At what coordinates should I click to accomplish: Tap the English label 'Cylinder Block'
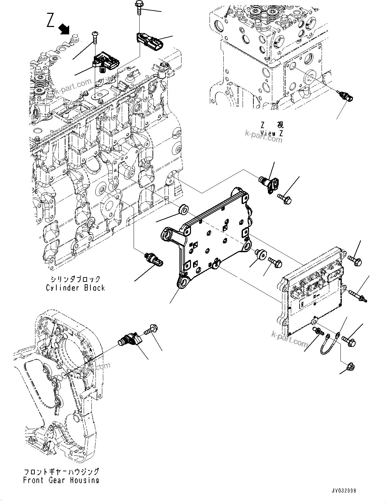pyautogui.click(x=76, y=288)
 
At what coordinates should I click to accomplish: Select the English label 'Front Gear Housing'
pyautogui.click(x=61, y=480)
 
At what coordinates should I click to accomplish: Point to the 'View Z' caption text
pyautogui.click(x=272, y=133)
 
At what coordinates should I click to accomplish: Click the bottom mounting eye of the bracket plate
pyautogui.click(x=184, y=280)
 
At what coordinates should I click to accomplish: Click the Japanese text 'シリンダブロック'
pyautogui.click(x=76, y=279)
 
